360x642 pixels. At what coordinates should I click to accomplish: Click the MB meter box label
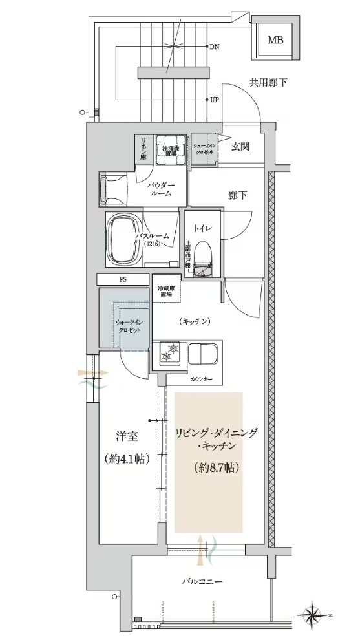(276, 39)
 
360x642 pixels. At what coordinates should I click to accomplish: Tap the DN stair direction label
(215, 47)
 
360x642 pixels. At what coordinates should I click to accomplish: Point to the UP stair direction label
(215, 100)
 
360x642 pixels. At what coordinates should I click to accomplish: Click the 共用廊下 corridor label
(268, 82)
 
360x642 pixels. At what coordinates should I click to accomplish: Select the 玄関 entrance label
(241, 146)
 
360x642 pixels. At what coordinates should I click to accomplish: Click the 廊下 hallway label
(237, 195)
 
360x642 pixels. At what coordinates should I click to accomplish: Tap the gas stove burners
(169, 352)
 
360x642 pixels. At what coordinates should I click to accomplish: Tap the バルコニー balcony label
(202, 582)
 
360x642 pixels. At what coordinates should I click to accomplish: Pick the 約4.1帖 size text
(126, 459)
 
